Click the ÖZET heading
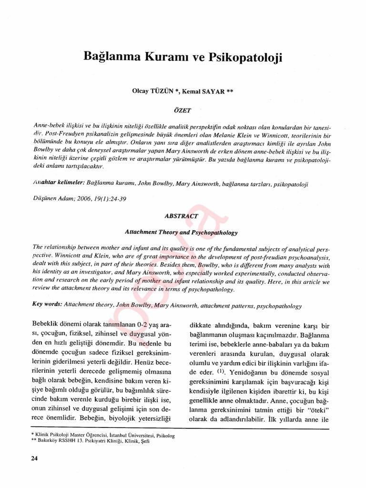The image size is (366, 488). (183, 110)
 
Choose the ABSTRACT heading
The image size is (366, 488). (182, 215)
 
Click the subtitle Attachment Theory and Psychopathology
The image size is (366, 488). (181, 233)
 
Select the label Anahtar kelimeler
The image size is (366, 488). (59, 182)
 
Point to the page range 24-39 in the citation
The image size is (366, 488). (117, 198)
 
